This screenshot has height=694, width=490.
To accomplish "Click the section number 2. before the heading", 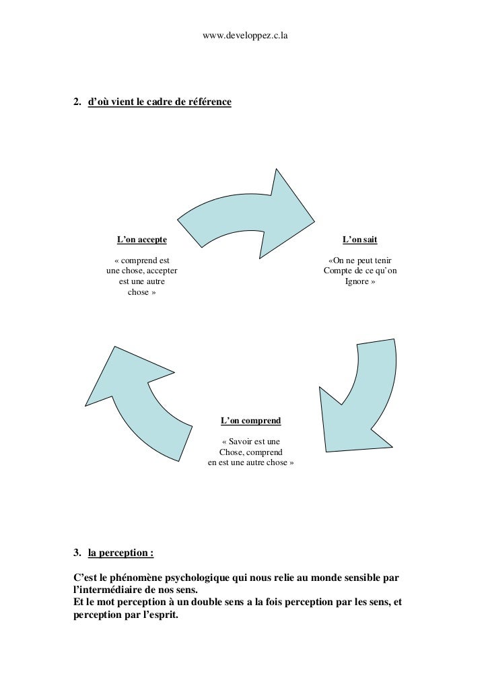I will (x=77, y=102).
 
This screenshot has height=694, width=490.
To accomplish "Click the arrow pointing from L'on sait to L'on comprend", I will (x=360, y=390).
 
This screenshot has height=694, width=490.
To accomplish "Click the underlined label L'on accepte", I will (x=142, y=239).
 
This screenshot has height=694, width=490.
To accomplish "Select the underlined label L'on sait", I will (x=360, y=239).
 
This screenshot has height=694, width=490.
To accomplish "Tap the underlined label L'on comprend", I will (x=250, y=420).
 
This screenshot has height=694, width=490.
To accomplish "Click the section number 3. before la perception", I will (x=77, y=554).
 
